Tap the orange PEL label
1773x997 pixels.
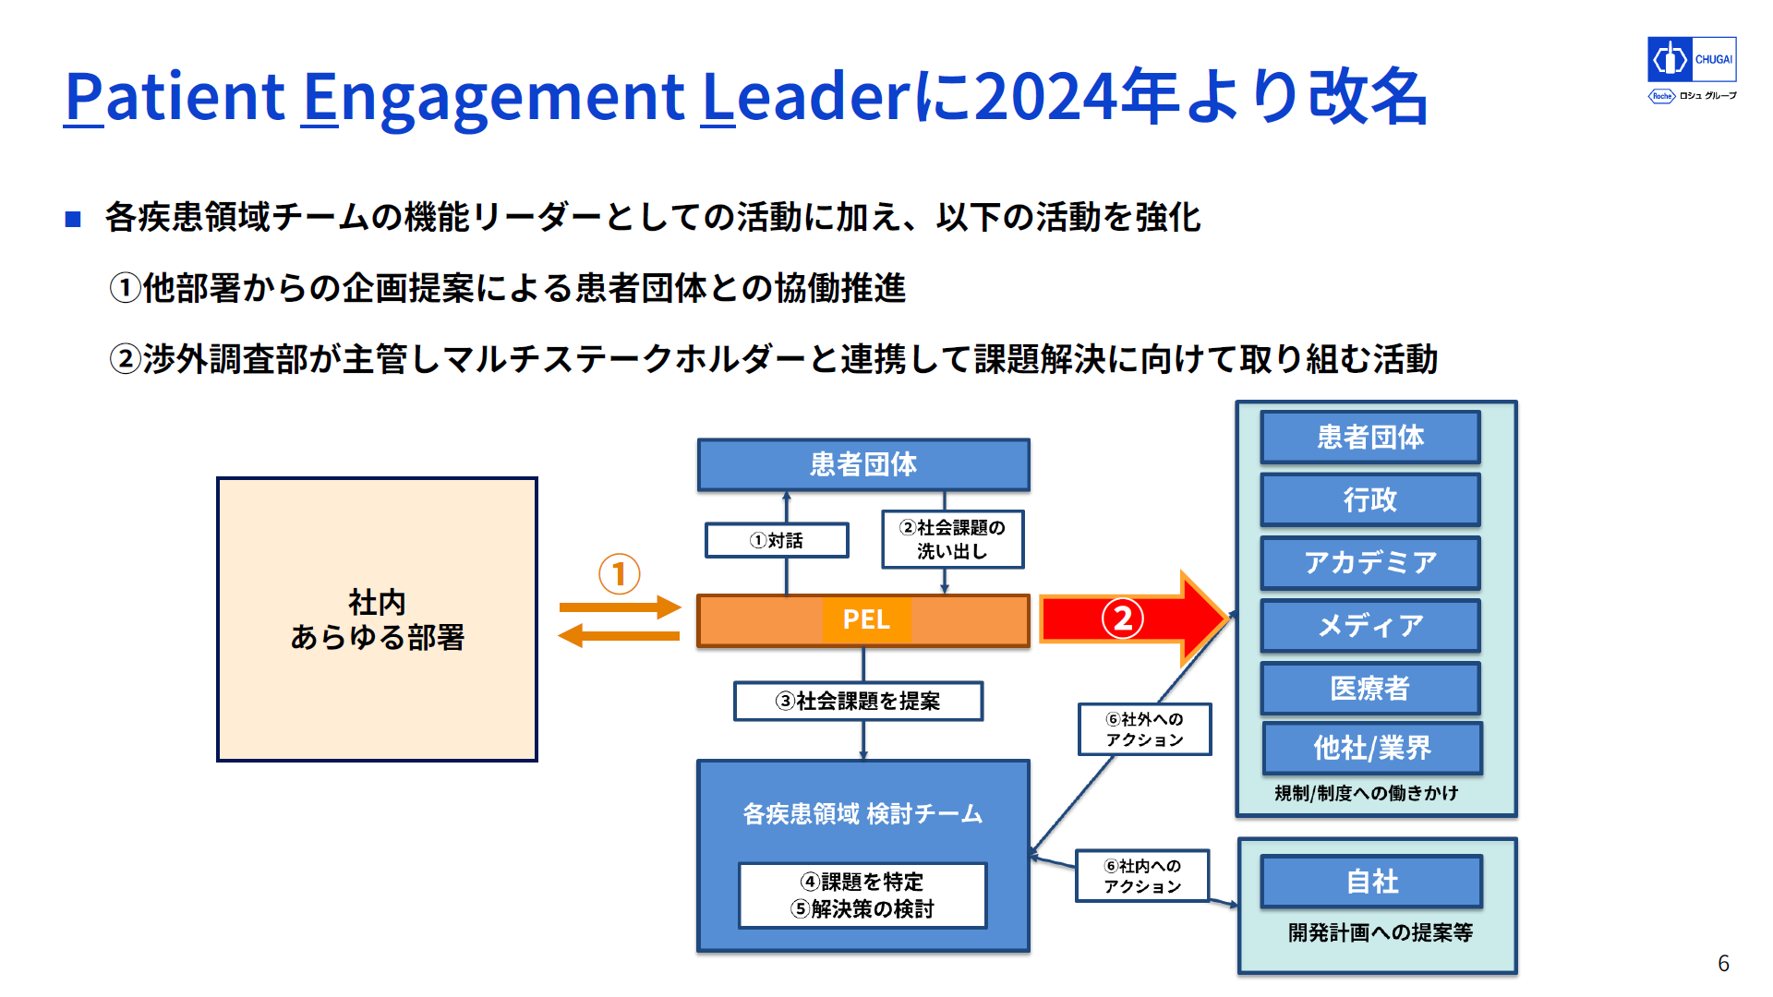click(866, 619)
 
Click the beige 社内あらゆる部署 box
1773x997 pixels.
click(377, 619)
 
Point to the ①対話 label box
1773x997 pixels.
click(777, 540)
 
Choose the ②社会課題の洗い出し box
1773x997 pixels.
click(953, 539)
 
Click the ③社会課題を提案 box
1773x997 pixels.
click(858, 701)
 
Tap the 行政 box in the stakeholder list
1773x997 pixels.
click(1370, 499)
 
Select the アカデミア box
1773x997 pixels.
click(1370, 562)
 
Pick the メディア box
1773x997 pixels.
click(1370, 625)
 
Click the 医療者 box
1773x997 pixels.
click(1370, 688)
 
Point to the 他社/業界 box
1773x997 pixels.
click(1372, 748)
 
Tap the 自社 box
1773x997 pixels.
click(1372, 882)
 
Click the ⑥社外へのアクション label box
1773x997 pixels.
click(1145, 729)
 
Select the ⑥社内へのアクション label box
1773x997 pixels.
click(1142, 876)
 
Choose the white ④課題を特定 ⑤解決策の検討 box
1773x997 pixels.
click(862, 895)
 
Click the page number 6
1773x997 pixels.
click(1723, 964)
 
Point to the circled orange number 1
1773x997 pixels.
click(619, 574)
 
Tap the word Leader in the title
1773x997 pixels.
click(807, 96)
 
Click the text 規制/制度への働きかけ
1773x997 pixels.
click(1367, 793)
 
